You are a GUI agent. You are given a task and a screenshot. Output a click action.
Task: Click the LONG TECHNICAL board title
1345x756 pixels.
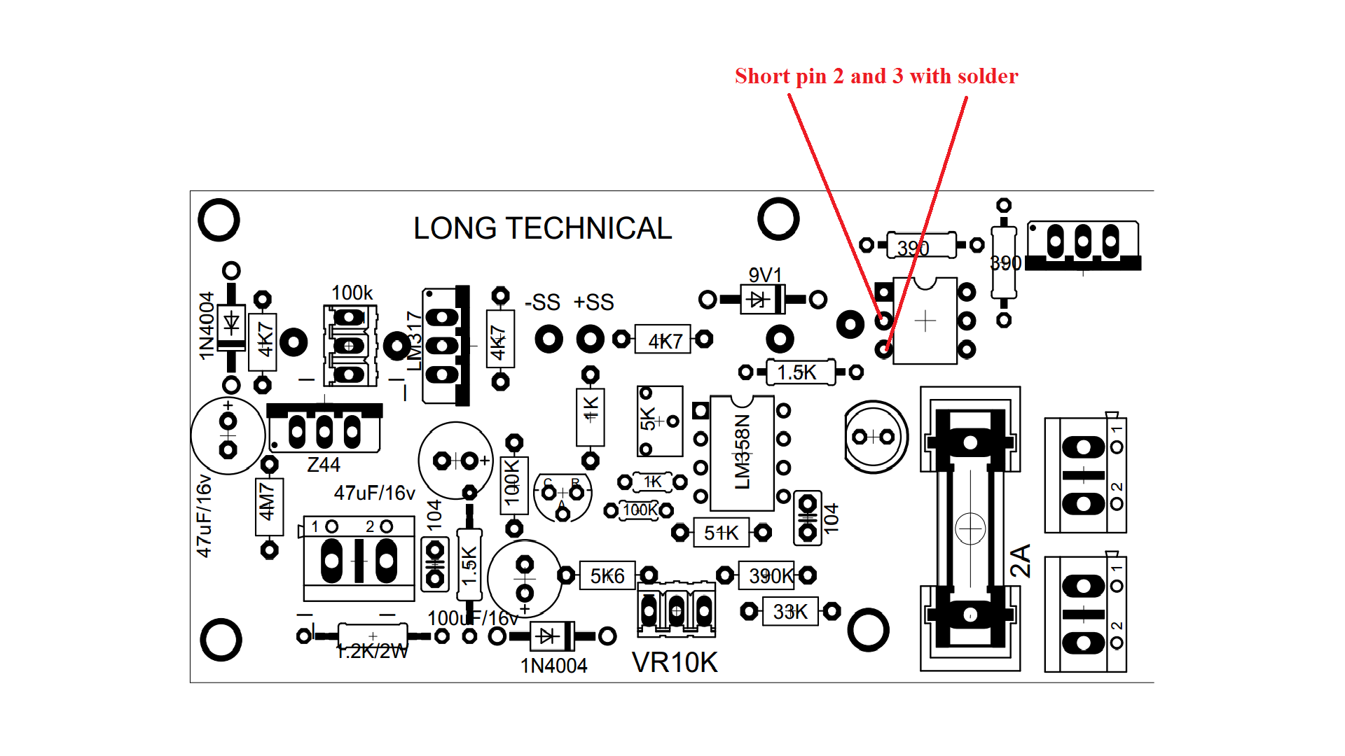click(542, 228)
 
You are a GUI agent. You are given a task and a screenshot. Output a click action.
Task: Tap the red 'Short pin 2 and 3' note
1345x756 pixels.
click(876, 76)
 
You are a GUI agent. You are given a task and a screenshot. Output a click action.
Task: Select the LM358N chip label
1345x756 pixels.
click(743, 451)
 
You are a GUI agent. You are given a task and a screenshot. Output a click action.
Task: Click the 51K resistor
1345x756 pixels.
click(721, 533)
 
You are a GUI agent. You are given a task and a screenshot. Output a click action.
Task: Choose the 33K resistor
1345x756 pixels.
click(790, 612)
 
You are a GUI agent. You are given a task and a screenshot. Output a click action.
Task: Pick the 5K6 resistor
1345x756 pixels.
click(607, 576)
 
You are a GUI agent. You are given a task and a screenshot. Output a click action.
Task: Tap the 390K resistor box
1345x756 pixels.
click(768, 576)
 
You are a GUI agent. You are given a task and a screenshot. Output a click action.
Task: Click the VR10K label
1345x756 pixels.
click(675, 662)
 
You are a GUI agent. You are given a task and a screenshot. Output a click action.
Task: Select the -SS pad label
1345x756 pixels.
click(543, 302)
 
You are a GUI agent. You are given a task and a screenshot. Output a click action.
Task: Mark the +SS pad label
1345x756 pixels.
click(593, 302)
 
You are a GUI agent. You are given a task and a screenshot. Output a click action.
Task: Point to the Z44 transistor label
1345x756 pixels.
click(324, 465)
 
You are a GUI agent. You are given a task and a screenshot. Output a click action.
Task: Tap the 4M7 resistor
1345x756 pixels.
click(269, 501)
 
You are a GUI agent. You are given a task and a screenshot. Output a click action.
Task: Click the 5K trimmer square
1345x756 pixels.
click(659, 421)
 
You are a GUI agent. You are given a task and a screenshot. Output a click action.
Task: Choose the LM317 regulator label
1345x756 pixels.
click(415, 340)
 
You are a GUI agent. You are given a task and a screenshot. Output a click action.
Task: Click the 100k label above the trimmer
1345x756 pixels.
click(352, 293)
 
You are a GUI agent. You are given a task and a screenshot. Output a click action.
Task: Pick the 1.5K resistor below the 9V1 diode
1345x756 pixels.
click(797, 372)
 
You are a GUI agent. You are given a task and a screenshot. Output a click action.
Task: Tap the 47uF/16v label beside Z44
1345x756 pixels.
click(374, 493)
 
